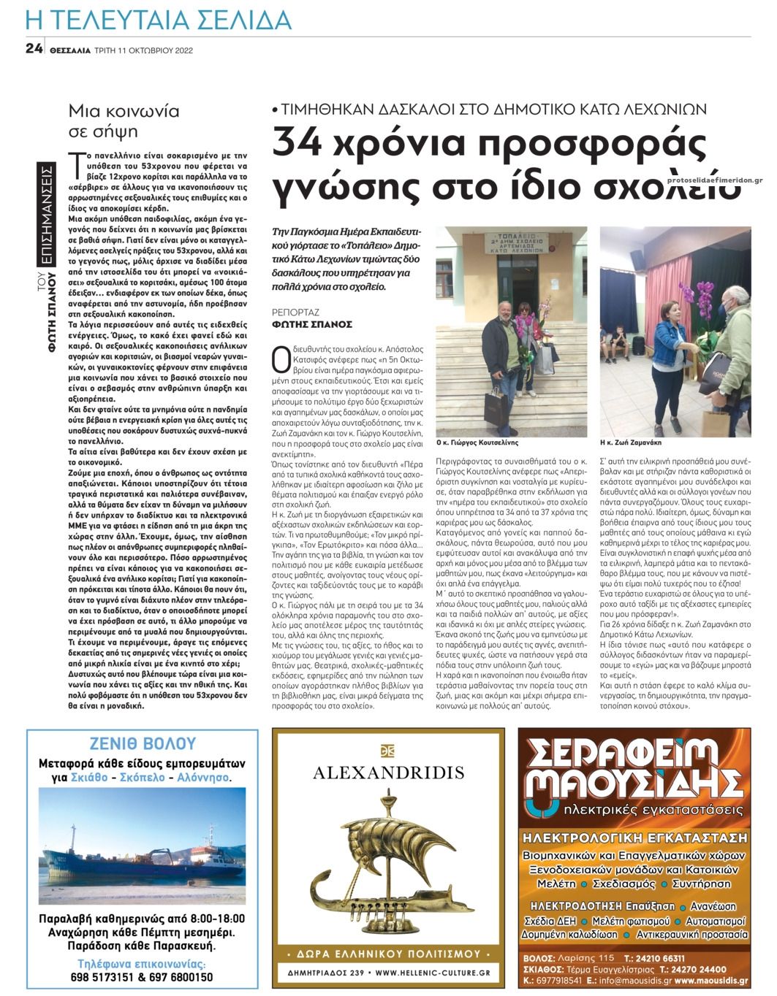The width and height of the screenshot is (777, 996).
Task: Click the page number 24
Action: point(33,49)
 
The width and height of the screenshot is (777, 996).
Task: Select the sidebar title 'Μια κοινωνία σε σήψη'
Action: point(124,121)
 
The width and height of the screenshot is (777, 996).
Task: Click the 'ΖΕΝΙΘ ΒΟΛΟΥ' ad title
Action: point(142,743)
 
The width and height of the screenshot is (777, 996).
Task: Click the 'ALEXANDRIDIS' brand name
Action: point(387,773)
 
